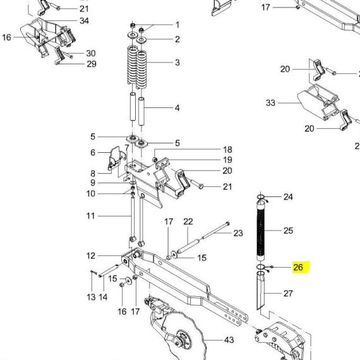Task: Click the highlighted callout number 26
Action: [298, 267]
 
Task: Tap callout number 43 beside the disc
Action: [229, 340]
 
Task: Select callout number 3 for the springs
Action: [177, 63]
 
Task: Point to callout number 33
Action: [270, 102]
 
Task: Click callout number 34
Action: [84, 21]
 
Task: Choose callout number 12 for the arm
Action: [91, 256]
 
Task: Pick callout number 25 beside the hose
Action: [289, 231]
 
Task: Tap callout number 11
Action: [91, 216]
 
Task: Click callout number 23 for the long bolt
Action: [238, 233]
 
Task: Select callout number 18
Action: [227, 150]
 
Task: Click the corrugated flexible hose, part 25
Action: [261, 231]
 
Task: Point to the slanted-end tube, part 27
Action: [260, 291]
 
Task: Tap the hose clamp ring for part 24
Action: [261, 197]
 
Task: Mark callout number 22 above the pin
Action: [188, 222]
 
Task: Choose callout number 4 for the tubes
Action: [177, 107]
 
